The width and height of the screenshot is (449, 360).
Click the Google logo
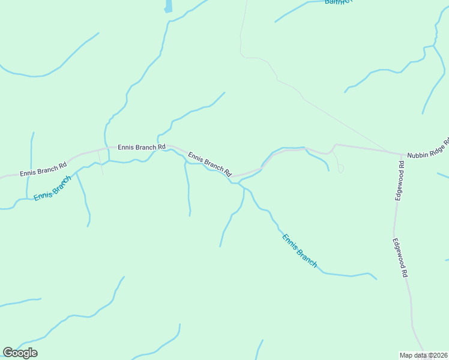pos(20,353)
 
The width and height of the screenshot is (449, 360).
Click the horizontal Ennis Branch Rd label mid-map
pos(141,146)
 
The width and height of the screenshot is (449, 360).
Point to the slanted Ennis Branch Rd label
pos(210,164)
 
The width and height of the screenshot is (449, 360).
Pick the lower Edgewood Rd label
pos(400,257)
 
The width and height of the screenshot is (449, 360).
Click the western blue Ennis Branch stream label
pos(53,188)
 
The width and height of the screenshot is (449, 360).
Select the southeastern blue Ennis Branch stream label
pos(299,250)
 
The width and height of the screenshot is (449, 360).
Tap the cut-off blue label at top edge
pos(337,2)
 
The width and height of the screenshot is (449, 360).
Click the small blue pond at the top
pos(168,6)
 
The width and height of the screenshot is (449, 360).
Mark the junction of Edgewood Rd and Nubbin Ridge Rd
pos(400,155)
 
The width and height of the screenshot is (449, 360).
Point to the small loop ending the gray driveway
pos(341,169)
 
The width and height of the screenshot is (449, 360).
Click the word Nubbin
pos(418,154)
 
